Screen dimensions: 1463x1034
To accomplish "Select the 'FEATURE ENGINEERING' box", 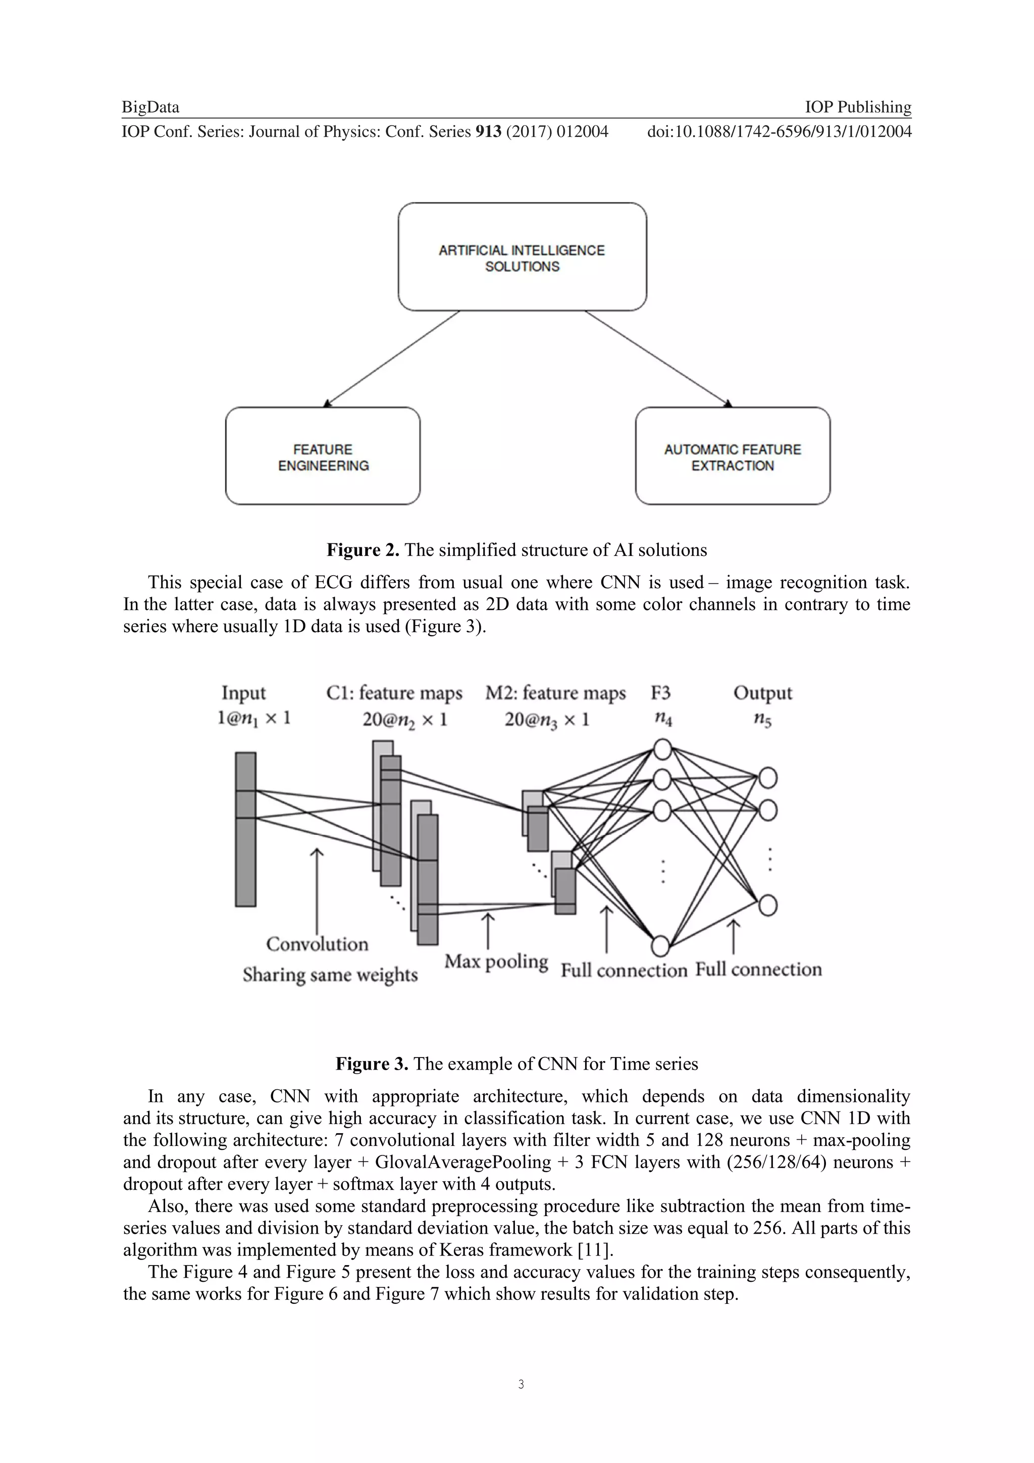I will point(323,456).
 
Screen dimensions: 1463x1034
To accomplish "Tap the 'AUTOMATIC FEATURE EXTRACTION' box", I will point(733,456).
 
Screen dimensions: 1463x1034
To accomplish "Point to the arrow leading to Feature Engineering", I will point(391,358).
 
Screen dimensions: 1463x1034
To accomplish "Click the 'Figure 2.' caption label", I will point(363,550).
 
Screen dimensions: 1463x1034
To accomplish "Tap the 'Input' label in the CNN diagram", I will point(243,693).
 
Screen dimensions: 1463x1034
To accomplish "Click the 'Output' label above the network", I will point(762,693).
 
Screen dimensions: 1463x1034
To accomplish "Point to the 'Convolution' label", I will point(317,944).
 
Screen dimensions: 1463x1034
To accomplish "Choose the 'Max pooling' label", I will point(496,961).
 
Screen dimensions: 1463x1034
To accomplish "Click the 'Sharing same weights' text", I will point(330,974).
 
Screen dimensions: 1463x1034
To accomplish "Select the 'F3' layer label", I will point(661,693).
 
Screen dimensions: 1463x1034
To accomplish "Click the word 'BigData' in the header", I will point(150,107).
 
